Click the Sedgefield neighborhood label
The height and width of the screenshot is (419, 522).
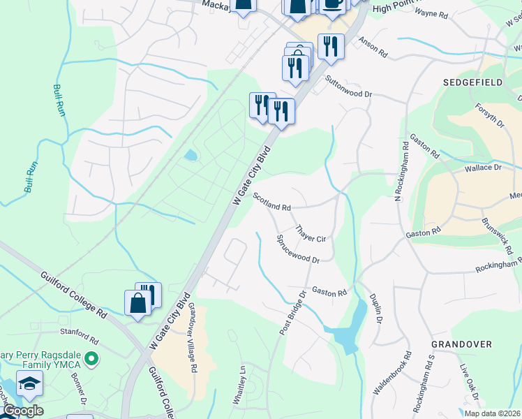pos(472,82)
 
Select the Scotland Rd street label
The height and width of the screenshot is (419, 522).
pos(271,203)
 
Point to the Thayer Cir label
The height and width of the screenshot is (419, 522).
pos(311,233)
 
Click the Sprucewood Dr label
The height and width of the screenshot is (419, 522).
pos(298,249)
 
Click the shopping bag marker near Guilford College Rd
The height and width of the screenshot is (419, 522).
pos(137,304)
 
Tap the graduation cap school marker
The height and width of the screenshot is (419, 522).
pos(30,383)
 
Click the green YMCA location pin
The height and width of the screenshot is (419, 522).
pos(89,360)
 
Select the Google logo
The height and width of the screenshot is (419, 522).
pos(22,411)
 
